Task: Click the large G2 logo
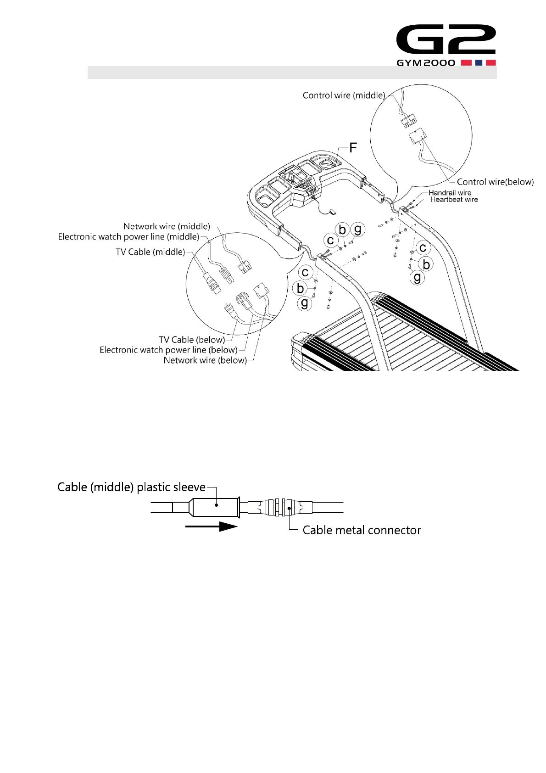coord(446,39)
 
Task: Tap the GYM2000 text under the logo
coord(426,63)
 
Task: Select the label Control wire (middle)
coord(344,95)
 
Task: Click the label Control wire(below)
coord(495,182)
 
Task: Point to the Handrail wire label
coord(450,193)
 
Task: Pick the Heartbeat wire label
coord(454,200)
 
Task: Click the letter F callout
coord(353,148)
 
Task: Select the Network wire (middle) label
coord(167,226)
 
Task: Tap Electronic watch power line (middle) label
coord(128,237)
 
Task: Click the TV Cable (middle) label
coord(150,252)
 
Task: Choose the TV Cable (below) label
coord(192,340)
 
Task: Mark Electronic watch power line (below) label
coord(168,350)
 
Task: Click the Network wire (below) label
coord(205,360)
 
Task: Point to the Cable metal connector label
coord(362,530)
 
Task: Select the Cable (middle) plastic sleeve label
coord(131,487)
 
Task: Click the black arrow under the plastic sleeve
coord(211,527)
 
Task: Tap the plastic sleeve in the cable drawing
coord(215,507)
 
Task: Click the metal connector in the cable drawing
coord(281,507)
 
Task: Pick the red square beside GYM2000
coord(467,63)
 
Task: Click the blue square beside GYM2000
coord(479,63)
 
